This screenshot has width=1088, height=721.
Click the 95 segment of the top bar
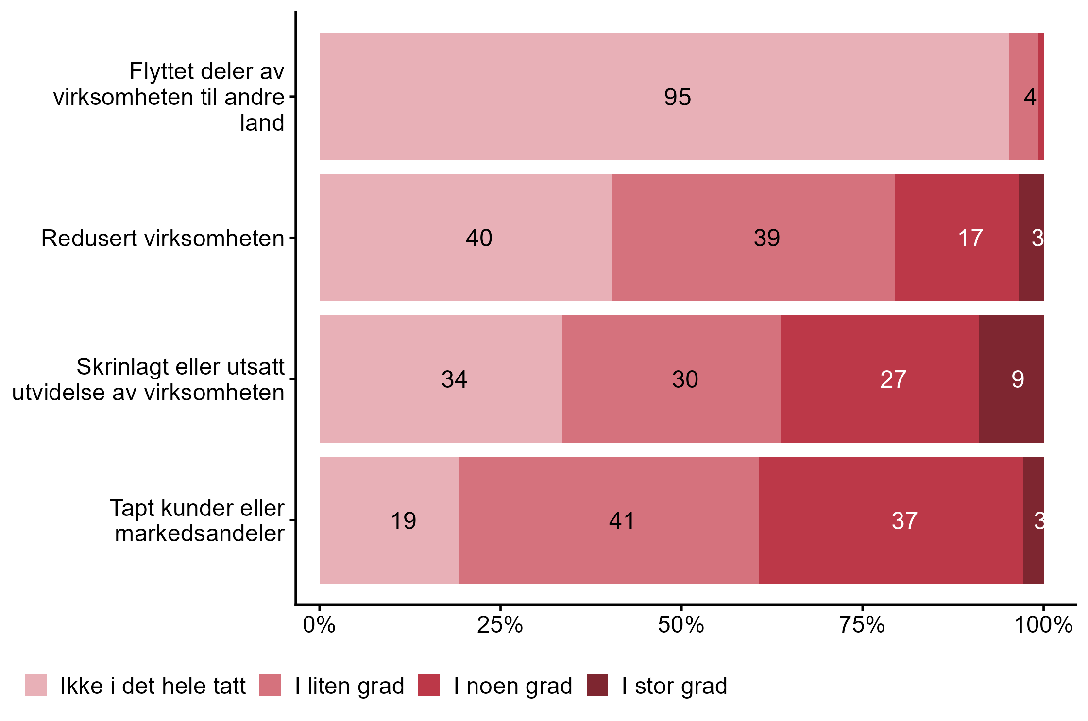663,96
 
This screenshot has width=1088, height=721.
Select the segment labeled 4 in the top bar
1023,96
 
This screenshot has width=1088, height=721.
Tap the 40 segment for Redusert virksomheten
465,238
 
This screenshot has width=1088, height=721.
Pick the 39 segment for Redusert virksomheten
753,238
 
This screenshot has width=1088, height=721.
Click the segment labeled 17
956,238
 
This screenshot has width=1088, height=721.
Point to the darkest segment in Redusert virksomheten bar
1031,238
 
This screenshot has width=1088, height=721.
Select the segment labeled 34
441,379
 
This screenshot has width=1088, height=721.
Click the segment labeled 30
671,379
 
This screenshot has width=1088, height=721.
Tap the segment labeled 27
880,379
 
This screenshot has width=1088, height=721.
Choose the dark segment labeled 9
1011,379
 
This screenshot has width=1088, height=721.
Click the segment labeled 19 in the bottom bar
389,520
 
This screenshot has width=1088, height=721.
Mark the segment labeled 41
609,520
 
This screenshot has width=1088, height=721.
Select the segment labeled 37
891,520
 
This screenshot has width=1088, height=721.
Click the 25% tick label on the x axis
500,625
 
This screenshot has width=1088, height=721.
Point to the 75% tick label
862,625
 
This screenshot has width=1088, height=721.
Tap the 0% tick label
319,625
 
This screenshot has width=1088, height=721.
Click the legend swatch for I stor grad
597,685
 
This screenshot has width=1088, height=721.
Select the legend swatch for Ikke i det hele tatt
36,685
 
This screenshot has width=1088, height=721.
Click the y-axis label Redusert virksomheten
163,239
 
